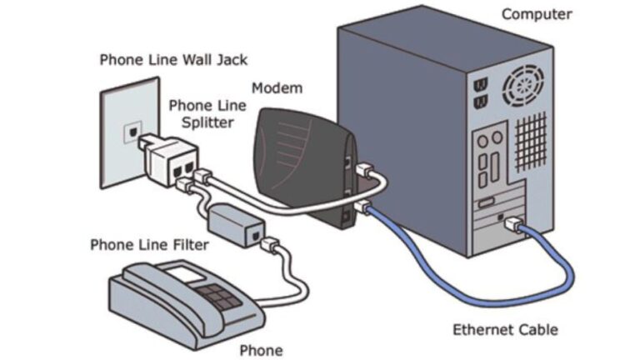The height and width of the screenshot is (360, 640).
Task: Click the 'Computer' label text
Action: click(x=536, y=14)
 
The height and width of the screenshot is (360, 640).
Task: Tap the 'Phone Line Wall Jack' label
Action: click(x=173, y=60)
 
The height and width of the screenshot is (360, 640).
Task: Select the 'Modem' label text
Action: click(x=277, y=87)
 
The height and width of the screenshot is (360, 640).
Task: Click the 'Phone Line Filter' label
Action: click(x=149, y=244)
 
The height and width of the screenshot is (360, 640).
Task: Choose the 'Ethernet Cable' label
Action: click(x=505, y=329)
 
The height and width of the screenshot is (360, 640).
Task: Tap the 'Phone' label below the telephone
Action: click(x=261, y=350)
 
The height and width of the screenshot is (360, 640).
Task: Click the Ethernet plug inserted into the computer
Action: click(x=514, y=225)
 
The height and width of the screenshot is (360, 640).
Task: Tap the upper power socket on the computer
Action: click(x=481, y=85)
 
